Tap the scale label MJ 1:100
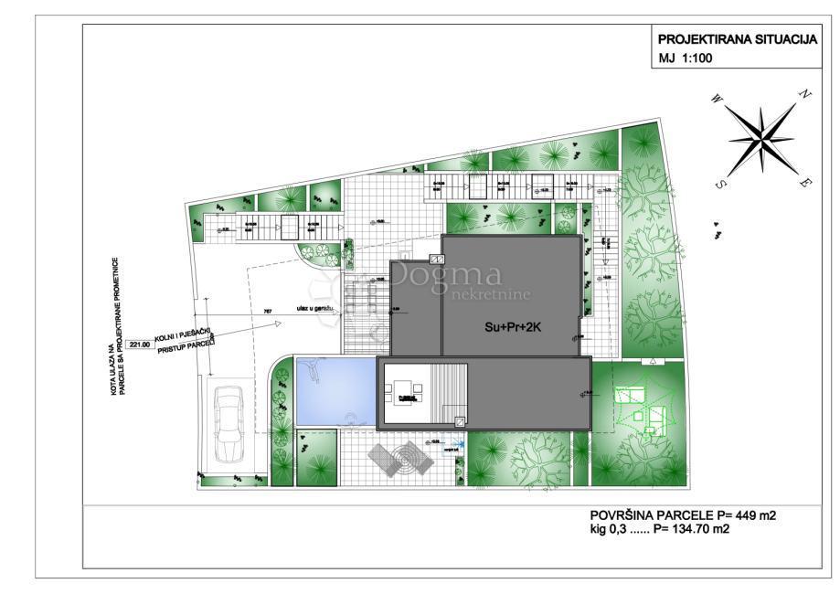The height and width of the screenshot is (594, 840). click(x=686, y=59)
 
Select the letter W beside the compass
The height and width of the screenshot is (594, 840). click(x=715, y=98)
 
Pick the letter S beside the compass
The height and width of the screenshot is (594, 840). click(x=721, y=183)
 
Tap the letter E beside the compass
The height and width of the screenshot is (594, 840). click(x=805, y=182)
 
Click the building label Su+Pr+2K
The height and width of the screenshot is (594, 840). click(x=514, y=324)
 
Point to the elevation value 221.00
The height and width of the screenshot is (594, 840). click(x=140, y=345)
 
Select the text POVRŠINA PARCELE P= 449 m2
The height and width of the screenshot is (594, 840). click(x=683, y=515)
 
